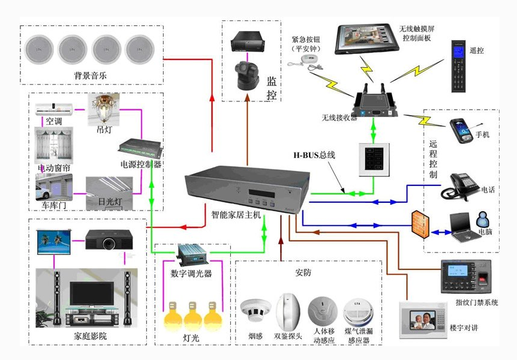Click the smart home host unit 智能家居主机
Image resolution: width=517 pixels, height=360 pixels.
coord(247,189)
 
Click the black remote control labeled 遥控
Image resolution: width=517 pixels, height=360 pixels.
coord(460,66)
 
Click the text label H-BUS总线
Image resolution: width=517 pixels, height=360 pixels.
coord(314,155)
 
